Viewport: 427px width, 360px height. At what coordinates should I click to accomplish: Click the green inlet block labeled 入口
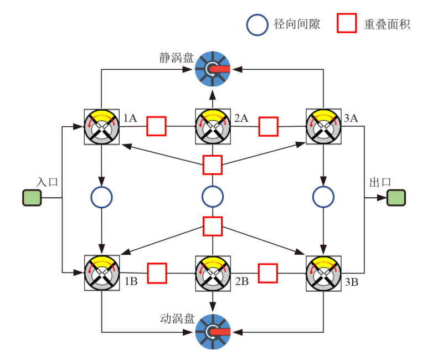[x=32, y=198]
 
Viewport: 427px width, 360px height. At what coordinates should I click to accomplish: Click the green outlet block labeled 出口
[x=396, y=198]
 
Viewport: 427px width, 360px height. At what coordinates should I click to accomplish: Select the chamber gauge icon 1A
[x=101, y=127]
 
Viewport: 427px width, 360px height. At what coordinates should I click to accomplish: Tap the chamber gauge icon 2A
[x=213, y=127]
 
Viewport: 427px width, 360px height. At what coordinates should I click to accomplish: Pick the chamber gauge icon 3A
[x=324, y=127]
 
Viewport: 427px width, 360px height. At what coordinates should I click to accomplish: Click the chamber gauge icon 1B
[x=101, y=272]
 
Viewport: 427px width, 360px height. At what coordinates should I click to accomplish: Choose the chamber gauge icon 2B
[x=213, y=272]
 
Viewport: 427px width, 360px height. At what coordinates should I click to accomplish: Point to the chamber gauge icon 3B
[x=324, y=272]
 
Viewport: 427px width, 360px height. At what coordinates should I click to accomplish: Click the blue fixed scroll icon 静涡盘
[x=213, y=69]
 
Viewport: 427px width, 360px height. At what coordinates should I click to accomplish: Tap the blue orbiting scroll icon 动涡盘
[x=213, y=331]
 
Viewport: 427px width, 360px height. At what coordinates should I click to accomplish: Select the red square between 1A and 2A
[x=157, y=126]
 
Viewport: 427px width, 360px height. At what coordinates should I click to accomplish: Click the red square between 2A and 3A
[x=269, y=126]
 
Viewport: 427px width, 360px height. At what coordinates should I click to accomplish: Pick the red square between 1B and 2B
[x=157, y=272]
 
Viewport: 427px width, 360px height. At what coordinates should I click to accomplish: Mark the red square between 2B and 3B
[x=268, y=272]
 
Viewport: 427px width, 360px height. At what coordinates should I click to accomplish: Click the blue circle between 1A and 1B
[x=101, y=196]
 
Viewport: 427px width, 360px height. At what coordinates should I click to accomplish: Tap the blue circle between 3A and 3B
[x=323, y=196]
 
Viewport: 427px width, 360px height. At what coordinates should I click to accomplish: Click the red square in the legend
[x=347, y=24]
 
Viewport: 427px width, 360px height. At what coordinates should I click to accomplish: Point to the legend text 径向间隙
[x=297, y=25]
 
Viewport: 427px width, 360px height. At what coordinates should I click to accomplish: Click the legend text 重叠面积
[x=387, y=25]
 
